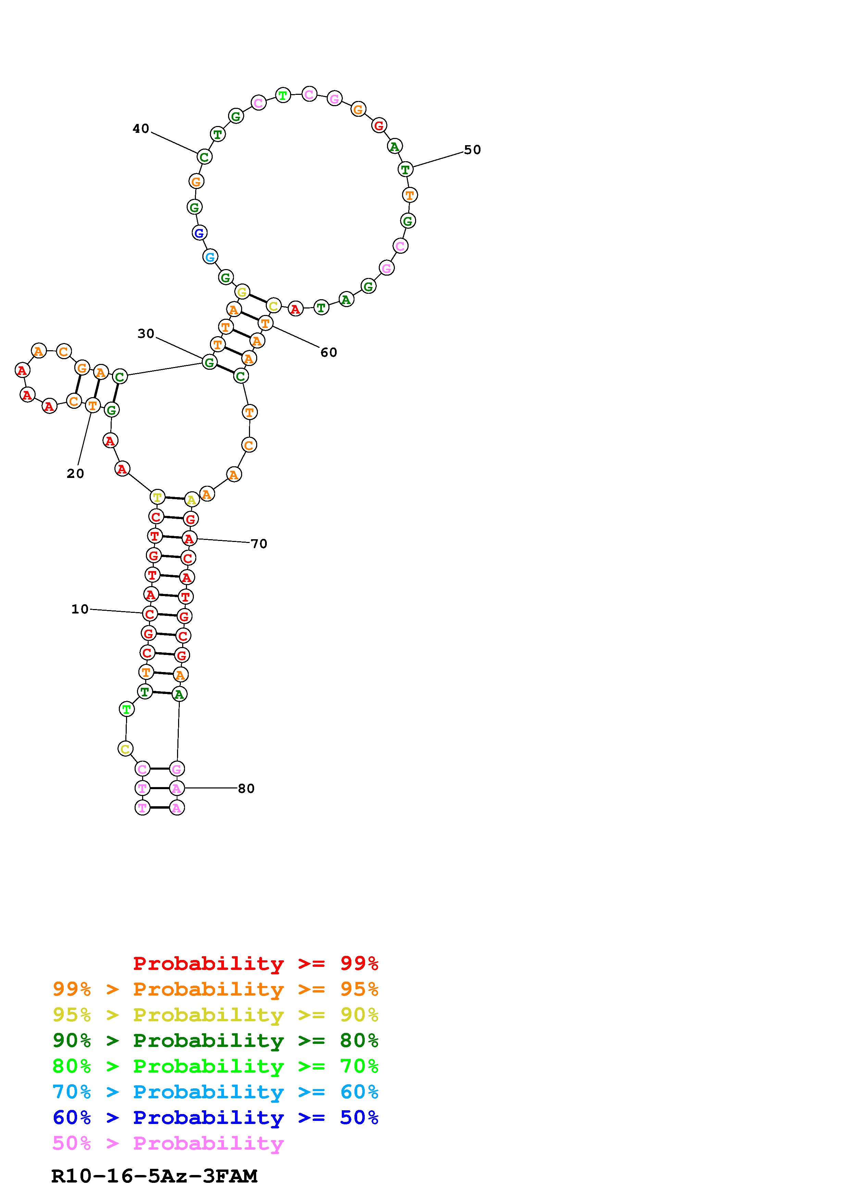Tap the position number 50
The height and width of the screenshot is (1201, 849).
[x=472, y=150]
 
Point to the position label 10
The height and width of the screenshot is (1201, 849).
[x=80, y=609]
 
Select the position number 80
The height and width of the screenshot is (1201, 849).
[x=246, y=788]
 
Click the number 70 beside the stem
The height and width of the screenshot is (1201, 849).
[x=259, y=544]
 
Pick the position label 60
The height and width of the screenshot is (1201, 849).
[x=328, y=353]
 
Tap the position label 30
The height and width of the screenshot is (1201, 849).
[x=146, y=334]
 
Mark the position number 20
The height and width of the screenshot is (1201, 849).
[x=75, y=473]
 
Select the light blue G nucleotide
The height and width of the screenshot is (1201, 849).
[x=210, y=257]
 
